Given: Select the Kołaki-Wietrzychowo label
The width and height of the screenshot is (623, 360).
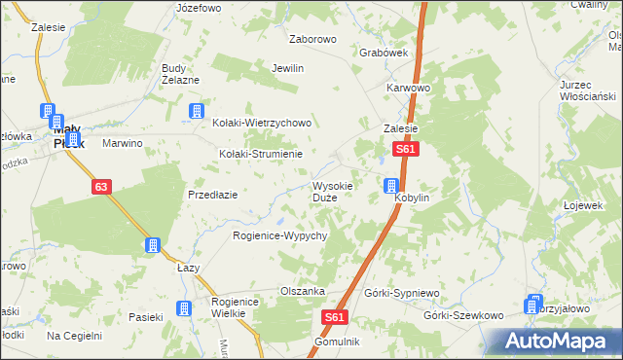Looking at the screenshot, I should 262,124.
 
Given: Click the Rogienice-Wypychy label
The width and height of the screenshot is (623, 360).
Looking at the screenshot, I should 279,235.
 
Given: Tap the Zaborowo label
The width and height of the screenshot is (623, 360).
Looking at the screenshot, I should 312,40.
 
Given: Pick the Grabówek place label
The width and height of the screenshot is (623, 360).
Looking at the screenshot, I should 383,53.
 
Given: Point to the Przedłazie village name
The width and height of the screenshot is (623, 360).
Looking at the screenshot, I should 213,195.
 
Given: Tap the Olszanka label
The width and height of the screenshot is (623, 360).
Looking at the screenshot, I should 302,291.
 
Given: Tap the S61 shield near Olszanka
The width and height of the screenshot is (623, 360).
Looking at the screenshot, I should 334,317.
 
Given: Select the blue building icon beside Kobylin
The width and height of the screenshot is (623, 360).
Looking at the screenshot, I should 391,185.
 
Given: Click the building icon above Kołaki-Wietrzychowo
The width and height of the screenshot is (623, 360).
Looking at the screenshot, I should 197,111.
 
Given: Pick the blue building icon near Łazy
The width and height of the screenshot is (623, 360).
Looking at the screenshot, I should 153,245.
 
